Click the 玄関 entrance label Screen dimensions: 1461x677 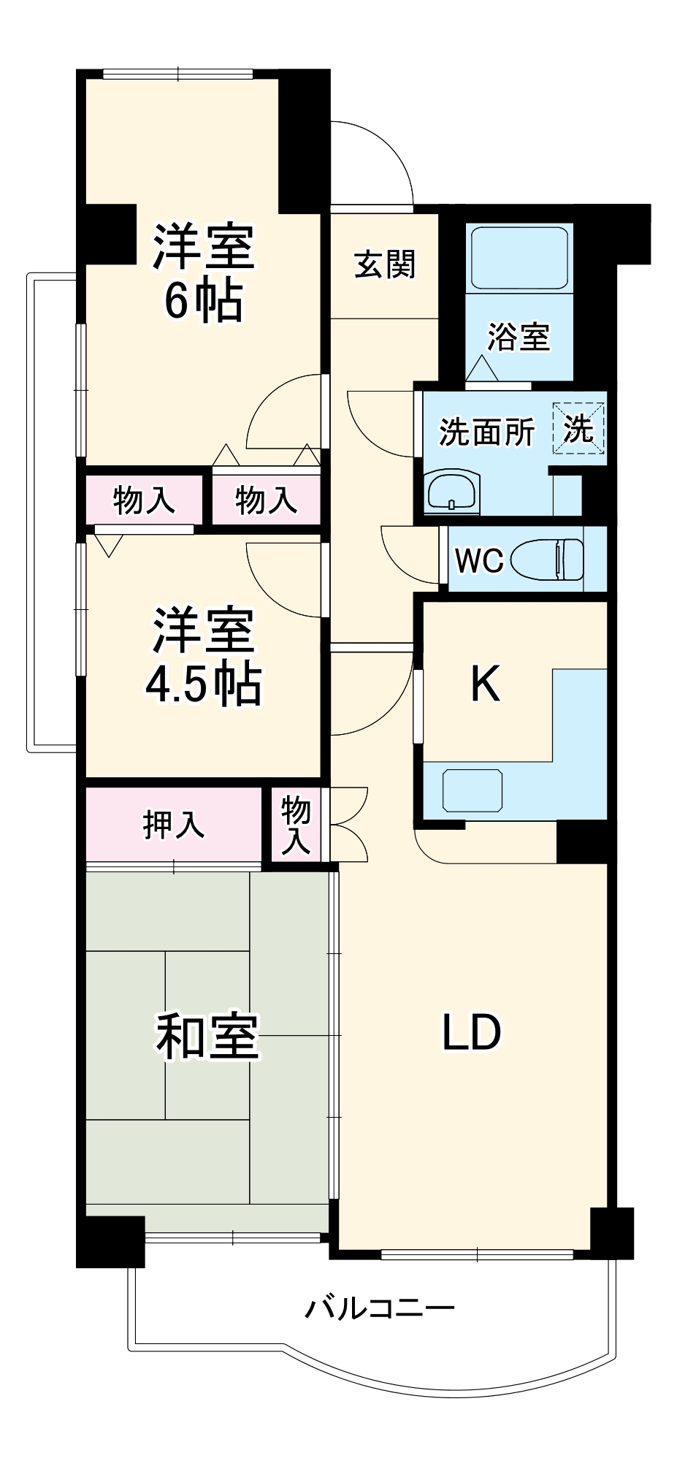pyautogui.click(x=385, y=264)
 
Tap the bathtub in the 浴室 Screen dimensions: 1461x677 pyautogui.click(x=519, y=258)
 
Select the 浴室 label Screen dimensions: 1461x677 pyautogui.click(x=519, y=337)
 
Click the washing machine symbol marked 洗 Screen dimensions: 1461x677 pyautogui.click(x=578, y=428)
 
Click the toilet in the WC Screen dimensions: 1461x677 pyautogui.click(x=548, y=560)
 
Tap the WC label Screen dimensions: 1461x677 pyautogui.click(x=478, y=560)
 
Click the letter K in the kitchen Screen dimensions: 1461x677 pyautogui.click(x=485, y=684)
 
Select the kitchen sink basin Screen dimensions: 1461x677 pyautogui.click(x=473, y=790)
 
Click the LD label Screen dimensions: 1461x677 pyautogui.click(x=472, y=1032)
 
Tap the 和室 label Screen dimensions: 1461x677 pyautogui.click(x=207, y=1036)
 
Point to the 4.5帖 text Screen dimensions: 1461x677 pyautogui.click(x=203, y=684)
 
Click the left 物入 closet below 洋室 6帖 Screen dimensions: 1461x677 pyautogui.click(x=144, y=500)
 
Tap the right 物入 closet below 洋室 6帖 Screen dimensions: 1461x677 pyautogui.click(x=266, y=500)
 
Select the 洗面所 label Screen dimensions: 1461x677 pyautogui.click(x=486, y=432)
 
